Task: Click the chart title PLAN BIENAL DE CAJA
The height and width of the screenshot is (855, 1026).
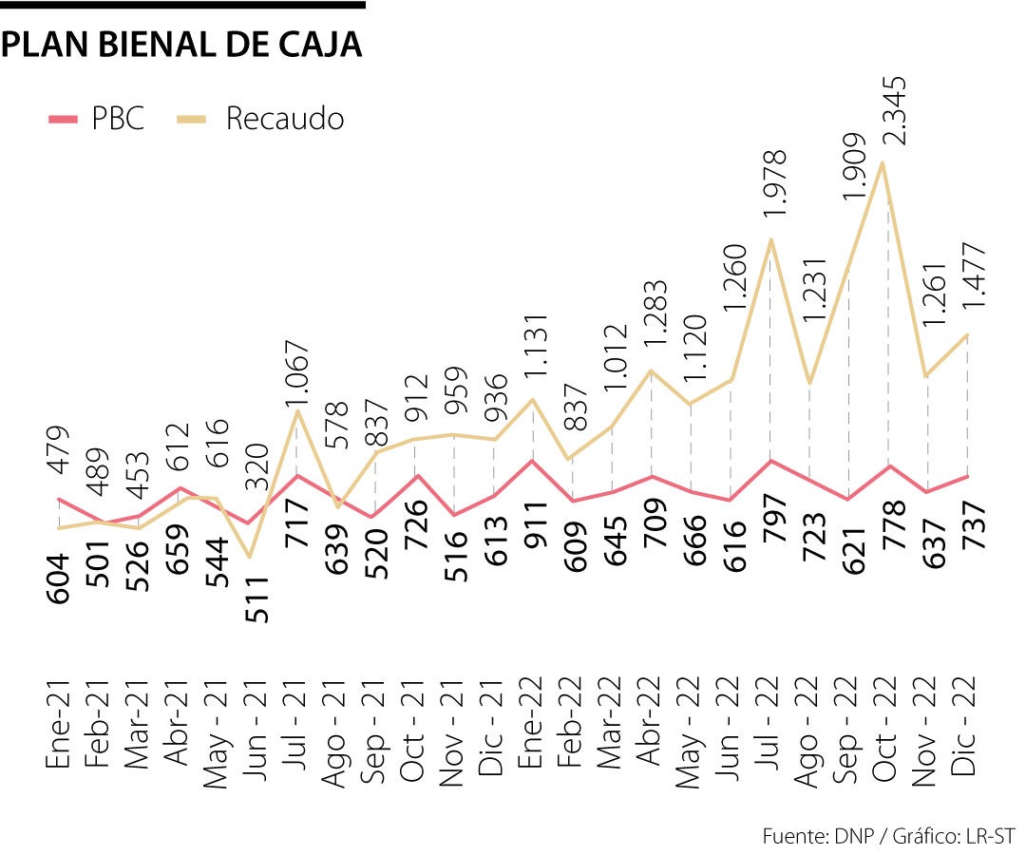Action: coord(181,45)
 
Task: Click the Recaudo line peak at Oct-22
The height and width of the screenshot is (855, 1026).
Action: coord(884,162)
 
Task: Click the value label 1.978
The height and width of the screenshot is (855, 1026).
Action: coord(775,189)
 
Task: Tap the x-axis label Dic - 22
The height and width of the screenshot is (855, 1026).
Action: coord(967,730)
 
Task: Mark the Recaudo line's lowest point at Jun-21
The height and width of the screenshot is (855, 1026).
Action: coord(250,558)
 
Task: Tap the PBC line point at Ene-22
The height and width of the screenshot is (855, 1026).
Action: coord(533,461)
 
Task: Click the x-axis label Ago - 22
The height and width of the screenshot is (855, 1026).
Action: coord(808,730)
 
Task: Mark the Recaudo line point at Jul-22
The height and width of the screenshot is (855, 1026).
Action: coord(770,239)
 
